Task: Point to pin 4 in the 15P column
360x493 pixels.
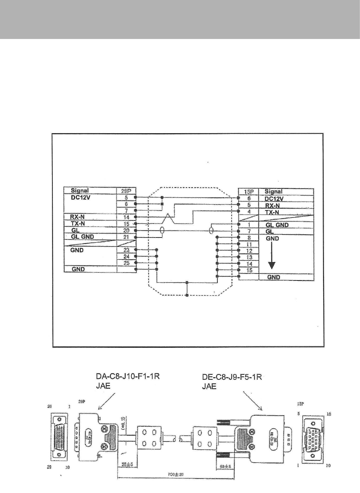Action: (x=249, y=212)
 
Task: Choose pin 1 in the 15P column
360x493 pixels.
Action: (x=249, y=225)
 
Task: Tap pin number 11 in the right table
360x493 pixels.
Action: (x=249, y=245)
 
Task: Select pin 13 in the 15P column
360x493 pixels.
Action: (x=249, y=257)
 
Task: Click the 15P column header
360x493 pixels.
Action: (x=249, y=192)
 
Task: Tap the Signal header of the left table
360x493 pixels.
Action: (x=80, y=191)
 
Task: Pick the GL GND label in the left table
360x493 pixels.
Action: (x=83, y=237)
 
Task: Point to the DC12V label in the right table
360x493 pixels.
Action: (x=274, y=199)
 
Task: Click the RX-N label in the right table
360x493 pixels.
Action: (x=272, y=205)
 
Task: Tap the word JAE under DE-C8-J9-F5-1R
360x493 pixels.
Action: (x=209, y=386)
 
